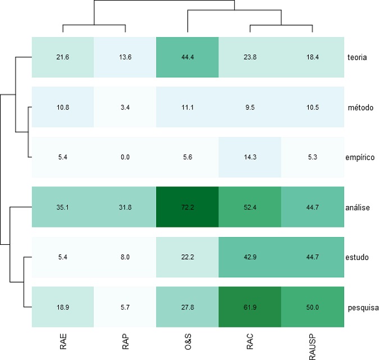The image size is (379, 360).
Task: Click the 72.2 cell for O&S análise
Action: point(187,207)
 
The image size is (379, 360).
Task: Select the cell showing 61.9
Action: point(249,307)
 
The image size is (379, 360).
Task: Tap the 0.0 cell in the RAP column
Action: point(125,157)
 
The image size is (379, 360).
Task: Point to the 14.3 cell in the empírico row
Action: point(249,157)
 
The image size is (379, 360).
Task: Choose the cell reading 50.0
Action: point(312,307)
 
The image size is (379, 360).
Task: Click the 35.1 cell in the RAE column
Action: point(62,207)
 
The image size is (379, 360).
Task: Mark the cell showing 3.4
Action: point(125,107)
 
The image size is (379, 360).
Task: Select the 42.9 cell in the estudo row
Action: point(249,257)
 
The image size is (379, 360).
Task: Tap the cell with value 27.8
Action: point(187,307)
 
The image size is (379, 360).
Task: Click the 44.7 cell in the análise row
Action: point(312,207)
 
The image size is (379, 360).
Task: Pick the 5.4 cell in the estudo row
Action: point(62,257)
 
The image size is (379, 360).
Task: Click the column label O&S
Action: point(187,342)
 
